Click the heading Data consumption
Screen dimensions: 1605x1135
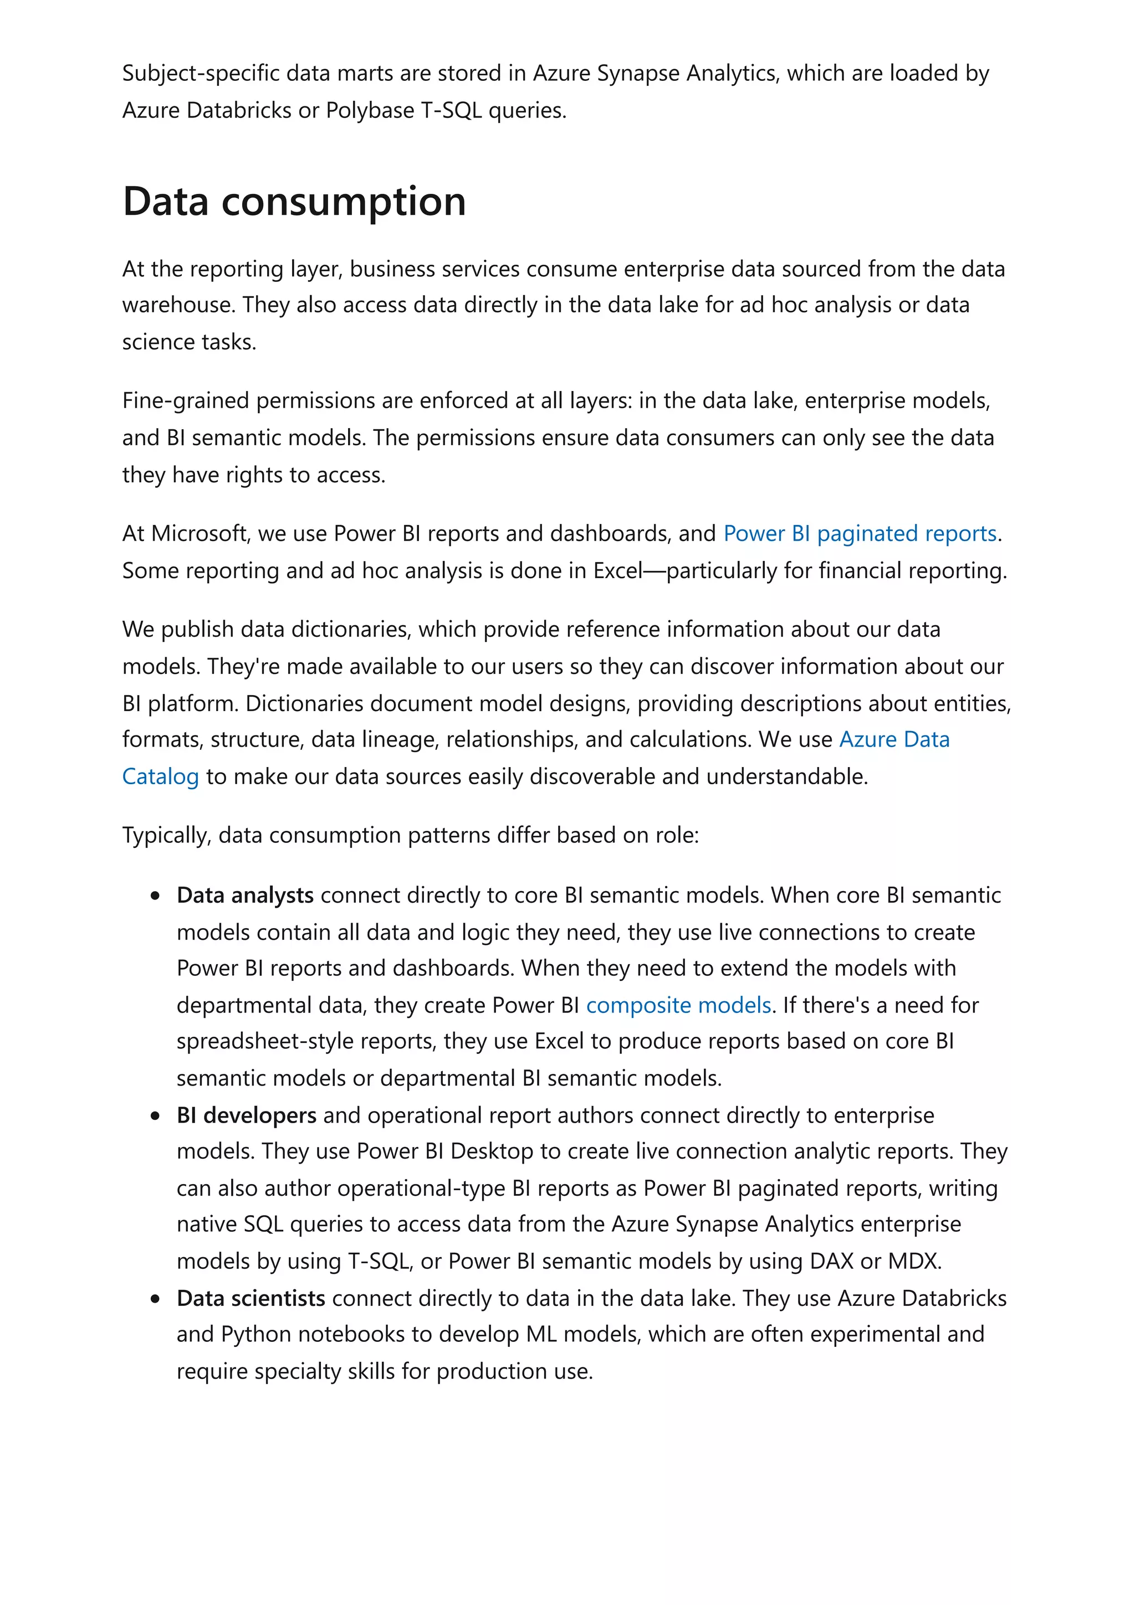294,202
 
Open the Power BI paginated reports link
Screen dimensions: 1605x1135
859,533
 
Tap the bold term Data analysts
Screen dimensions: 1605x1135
245,895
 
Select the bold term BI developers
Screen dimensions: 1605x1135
246,1115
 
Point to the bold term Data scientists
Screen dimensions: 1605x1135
250,1298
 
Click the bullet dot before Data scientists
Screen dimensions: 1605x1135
155,1299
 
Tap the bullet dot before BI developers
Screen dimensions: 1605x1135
155,1117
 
